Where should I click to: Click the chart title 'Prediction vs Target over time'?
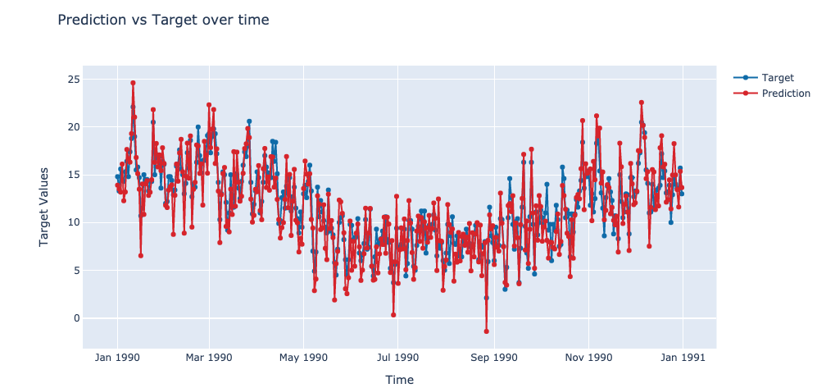click(163, 19)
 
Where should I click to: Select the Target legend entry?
click(777, 77)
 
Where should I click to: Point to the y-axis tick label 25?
click(74, 80)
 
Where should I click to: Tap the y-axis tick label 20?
click(74, 127)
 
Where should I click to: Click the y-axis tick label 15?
click(74, 175)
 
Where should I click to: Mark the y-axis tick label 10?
click(74, 222)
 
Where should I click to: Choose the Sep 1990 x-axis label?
click(493, 358)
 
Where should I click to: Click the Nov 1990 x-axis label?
click(588, 358)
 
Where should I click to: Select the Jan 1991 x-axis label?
click(683, 358)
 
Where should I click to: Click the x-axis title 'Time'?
click(399, 380)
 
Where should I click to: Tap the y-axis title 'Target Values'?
click(44, 207)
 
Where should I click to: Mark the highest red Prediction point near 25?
click(133, 83)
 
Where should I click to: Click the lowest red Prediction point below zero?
click(486, 331)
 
